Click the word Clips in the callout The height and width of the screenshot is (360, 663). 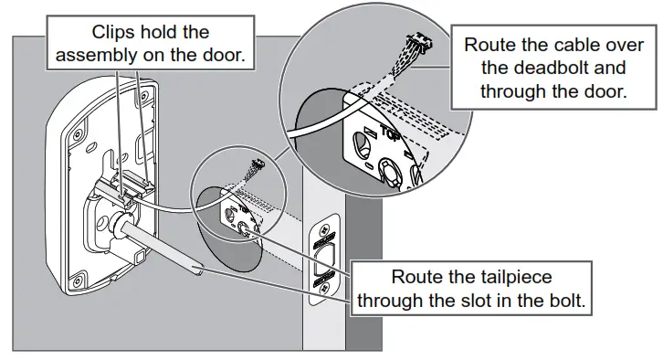tap(113, 33)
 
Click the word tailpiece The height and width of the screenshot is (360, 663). tap(513, 278)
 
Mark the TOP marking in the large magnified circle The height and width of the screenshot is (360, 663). tap(390, 132)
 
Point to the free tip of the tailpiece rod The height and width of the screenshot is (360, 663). tap(199, 270)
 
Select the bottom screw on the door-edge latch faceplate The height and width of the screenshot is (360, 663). tap(325, 288)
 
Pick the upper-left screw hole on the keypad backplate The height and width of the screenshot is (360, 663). tap(78, 135)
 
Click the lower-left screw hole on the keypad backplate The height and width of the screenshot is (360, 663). tap(77, 281)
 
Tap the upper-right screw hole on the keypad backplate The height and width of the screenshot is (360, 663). tap(143, 97)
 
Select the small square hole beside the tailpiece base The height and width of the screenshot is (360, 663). tap(140, 257)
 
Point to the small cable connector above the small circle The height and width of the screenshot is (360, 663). tap(258, 164)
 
